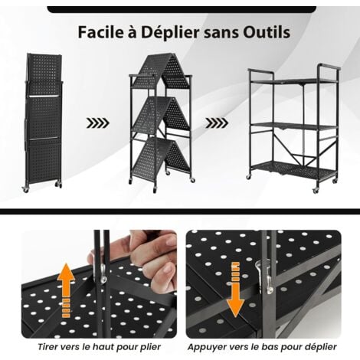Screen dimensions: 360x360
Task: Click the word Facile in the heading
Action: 100,32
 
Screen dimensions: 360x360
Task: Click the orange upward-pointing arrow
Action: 66,290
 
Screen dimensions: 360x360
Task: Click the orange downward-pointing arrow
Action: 235,289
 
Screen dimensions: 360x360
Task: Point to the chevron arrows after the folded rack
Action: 98,123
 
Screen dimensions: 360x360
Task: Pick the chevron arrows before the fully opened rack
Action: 217,123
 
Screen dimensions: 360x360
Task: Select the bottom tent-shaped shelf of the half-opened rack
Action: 161,155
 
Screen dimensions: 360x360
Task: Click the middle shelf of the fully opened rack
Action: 293,126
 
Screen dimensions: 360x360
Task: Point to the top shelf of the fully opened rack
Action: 293,81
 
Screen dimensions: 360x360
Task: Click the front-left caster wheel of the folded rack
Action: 25,189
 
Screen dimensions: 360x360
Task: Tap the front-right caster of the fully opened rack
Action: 316,190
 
